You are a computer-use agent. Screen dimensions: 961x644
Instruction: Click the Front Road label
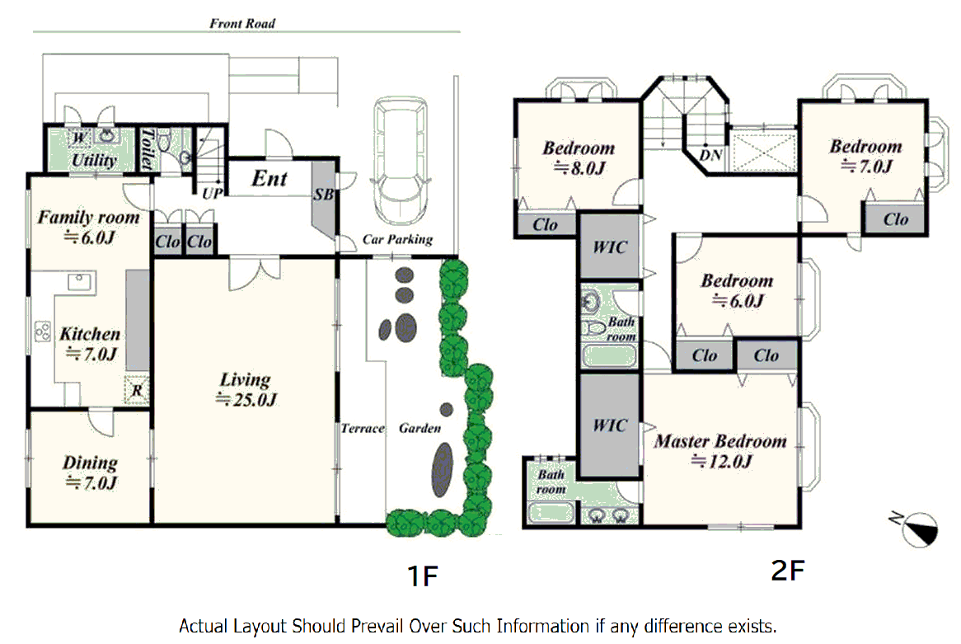(x=242, y=23)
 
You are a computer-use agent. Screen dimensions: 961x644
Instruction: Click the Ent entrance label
(x=269, y=178)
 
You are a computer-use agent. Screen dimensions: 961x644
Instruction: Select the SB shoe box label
(x=324, y=195)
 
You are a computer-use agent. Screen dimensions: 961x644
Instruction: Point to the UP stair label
(x=212, y=193)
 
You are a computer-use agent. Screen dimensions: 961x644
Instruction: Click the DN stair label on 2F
(x=710, y=155)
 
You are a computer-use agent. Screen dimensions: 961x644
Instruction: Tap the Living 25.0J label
(x=246, y=389)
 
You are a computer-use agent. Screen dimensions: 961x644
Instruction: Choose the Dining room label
(x=90, y=472)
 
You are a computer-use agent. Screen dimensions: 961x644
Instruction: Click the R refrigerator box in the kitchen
(x=137, y=389)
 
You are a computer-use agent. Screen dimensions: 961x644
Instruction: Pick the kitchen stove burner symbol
(x=43, y=331)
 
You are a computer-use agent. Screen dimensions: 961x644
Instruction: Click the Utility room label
(x=94, y=160)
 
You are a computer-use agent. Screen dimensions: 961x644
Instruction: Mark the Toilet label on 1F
(x=147, y=148)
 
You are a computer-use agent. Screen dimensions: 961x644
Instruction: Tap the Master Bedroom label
(x=720, y=451)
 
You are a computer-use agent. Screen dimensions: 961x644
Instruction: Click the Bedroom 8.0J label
(x=579, y=157)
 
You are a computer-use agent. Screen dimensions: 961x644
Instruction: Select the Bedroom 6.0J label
(x=737, y=290)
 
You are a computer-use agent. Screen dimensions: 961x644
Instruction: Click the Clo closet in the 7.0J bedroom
(x=895, y=219)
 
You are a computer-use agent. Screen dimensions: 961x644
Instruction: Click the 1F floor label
(x=423, y=576)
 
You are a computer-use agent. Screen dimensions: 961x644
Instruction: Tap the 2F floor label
(x=788, y=571)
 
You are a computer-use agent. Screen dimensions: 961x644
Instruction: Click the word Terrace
(x=362, y=428)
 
